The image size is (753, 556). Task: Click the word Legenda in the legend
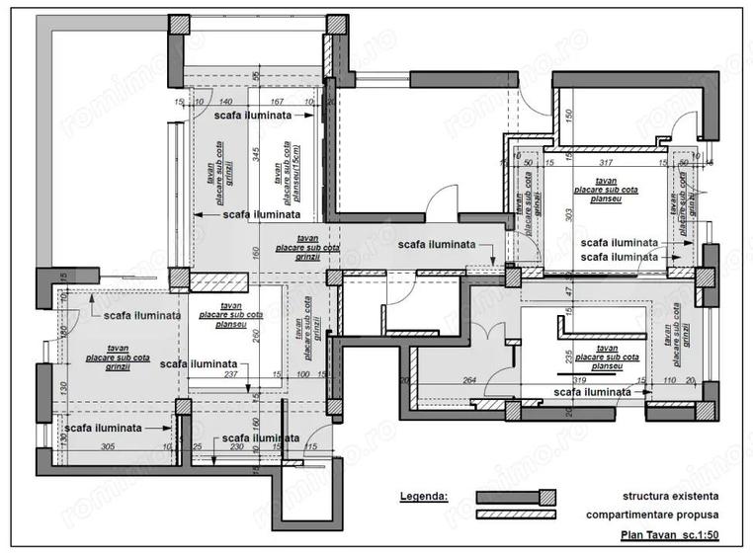click(x=423, y=496)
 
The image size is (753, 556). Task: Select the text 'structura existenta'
click(x=670, y=496)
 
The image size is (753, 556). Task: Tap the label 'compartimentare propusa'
click(x=652, y=516)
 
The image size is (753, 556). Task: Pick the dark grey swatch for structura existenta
click(x=516, y=496)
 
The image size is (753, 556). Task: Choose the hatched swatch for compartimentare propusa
click(x=516, y=515)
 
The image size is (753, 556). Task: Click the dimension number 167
click(x=278, y=102)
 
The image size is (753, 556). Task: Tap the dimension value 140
click(x=225, y=102)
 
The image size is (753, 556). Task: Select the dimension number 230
click(x=237, y=447)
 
